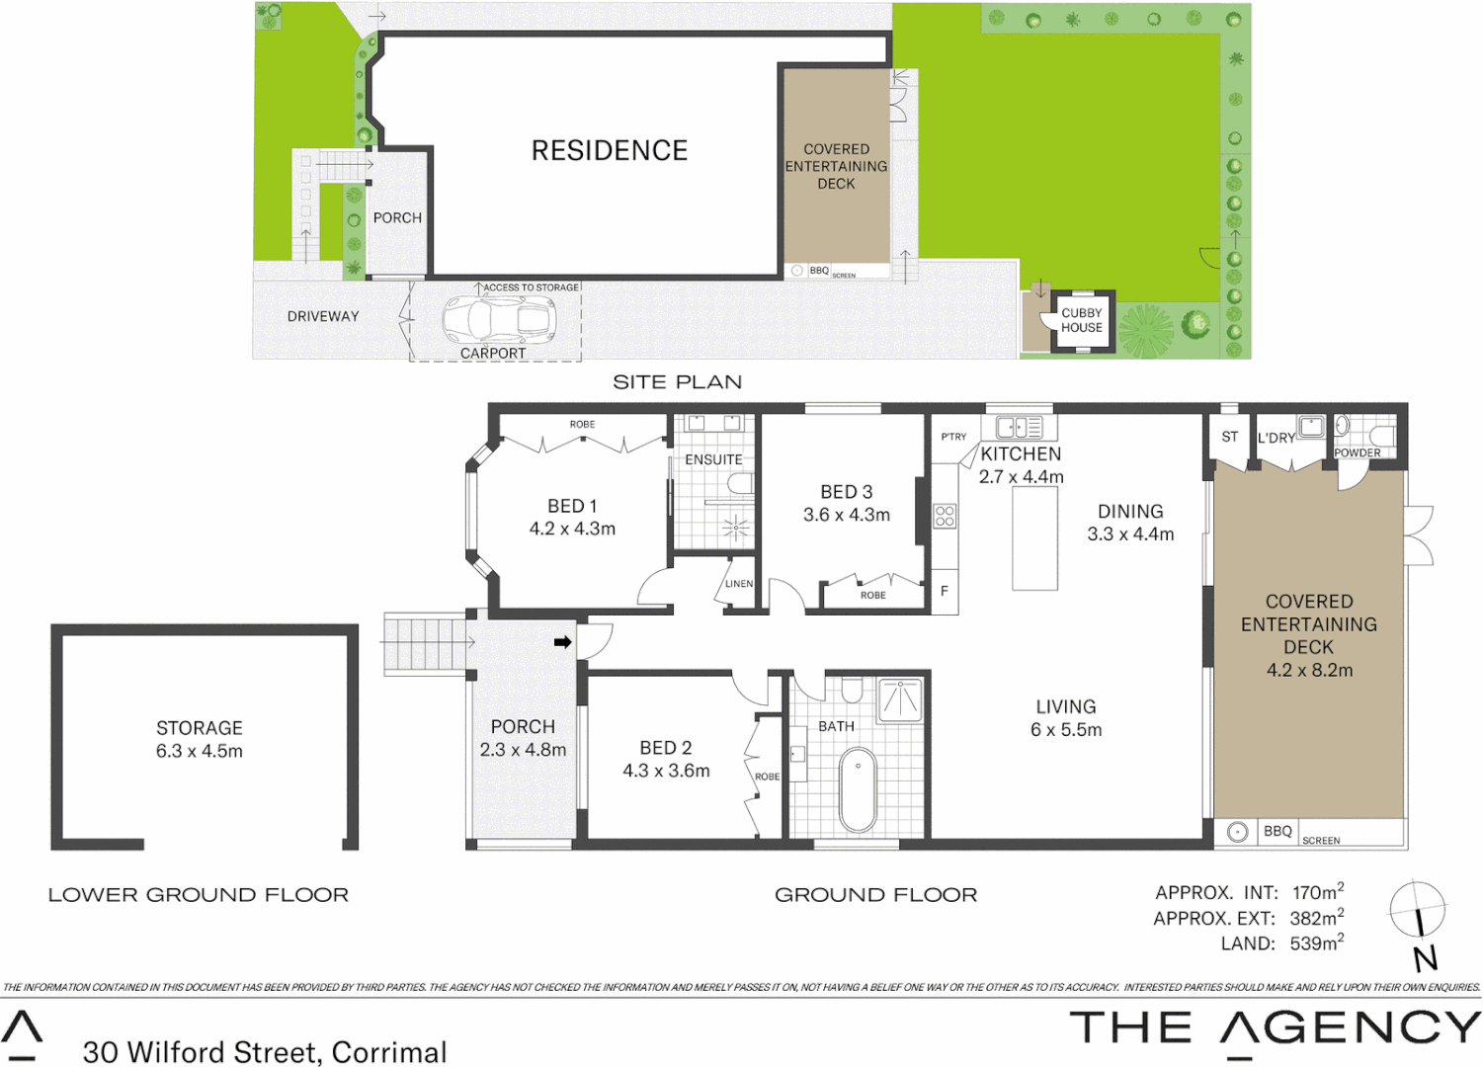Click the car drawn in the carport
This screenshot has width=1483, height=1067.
pyautogui.click(x=499, y=319)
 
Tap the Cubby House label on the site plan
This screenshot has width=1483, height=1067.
pyautogui.click(x=1082, y=320)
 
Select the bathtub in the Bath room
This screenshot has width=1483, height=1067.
pyautogui.click(x=858, y=790)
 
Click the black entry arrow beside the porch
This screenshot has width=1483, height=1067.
pyautogui.click(x=562, y=642)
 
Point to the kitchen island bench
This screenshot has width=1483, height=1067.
pyautogui.click(x=1034, y=538)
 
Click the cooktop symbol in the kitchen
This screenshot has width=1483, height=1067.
pyautogui.click(x=945, y=515)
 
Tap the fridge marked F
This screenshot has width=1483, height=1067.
pyautogui.click(x=945, y=592)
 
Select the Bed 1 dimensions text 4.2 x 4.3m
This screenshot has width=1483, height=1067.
pyautogui.click(x=572, y=529)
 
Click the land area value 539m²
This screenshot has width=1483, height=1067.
pyautogui.click(x=1316, y=944)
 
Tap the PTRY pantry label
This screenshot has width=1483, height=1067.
pyautogui.click(x=953, y=437)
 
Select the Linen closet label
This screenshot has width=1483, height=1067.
pyautogui.click(x=739, y=584)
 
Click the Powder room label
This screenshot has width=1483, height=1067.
pyautogui.click(x=1358, y=453)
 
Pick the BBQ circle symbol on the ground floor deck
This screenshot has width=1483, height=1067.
pyautogui.click(x=1237, y=832)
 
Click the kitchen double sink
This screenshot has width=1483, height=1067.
pyautogui.click(x=1019, y=428)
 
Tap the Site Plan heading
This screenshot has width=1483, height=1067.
pyautogui.click(x=677, y=382)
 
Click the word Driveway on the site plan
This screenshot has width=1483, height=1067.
pyautogui.click(x=323, y=316)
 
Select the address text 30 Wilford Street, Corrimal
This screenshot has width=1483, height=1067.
pyautogui.click(x=265, y=1052)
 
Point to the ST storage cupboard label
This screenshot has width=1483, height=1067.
pyautogui.click(x=1229, y=437)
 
